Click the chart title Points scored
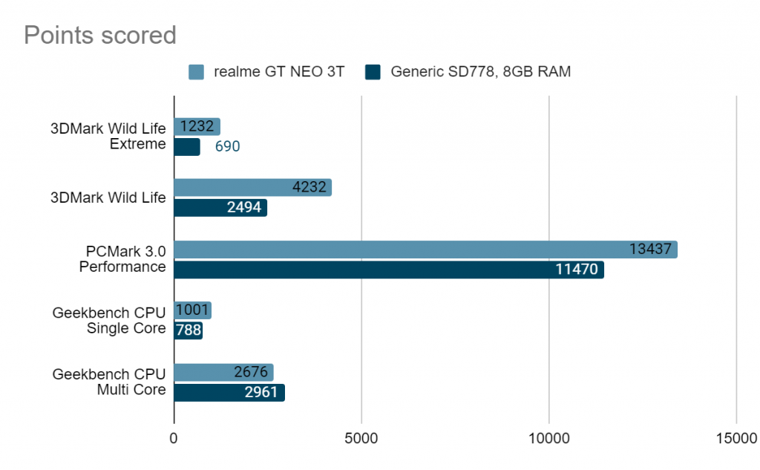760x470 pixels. (x=100, y=35)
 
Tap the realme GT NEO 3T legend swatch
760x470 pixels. (x=196, y=72)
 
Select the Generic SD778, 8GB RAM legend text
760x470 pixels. (x=480, y=72)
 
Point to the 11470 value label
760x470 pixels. (x=577, y=269)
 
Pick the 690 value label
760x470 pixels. (x=227, y=147)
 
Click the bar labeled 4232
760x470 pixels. (x=252, y=188)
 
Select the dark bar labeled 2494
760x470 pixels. (x=220, y=207)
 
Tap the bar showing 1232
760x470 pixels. (x=197, y=127)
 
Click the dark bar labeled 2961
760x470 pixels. (x=229, y=392)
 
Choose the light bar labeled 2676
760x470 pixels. (x=223, y=373)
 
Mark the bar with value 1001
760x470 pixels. (x=192, y=311)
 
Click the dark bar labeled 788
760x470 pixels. (x=188, y=330)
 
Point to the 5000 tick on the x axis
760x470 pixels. (x=361, y=439)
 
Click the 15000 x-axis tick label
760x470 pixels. (x=735, y=439)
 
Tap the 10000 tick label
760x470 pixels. (x=548, y=439)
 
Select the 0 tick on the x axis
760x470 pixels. (x=174, y=439)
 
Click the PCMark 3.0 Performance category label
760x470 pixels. (x=122, y=259)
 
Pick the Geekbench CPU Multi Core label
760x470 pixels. (x=109, y=382)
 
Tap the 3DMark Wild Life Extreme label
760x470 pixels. (x=108, y=136)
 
